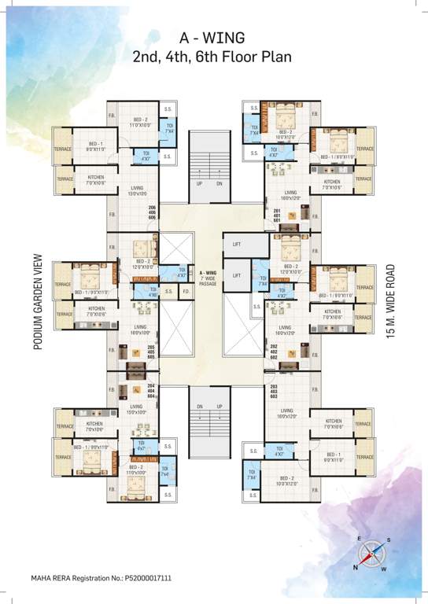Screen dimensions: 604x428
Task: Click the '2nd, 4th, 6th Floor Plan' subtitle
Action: coord(214,56)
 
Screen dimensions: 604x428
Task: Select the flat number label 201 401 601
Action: coord(276,215)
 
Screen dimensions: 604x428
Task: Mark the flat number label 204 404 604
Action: coord(153,391)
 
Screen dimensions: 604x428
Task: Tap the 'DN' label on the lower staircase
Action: coord(200,407)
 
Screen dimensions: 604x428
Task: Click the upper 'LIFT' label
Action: coord(237,245)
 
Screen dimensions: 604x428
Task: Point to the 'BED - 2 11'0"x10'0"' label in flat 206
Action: coord(138,121)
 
